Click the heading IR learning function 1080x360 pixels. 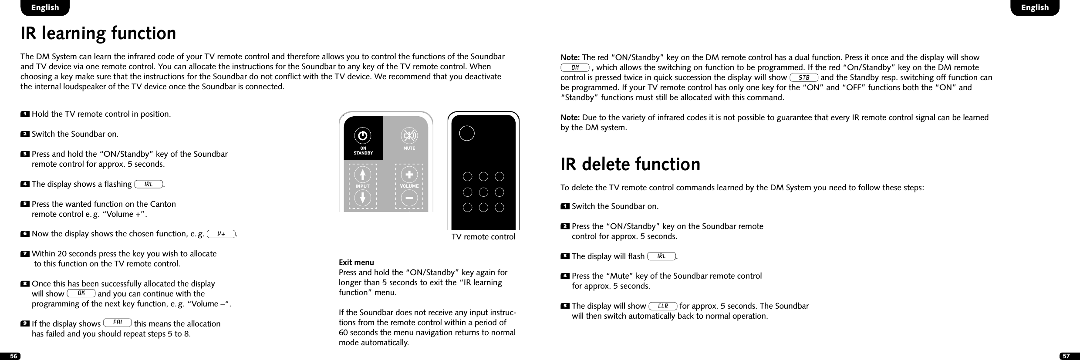98,34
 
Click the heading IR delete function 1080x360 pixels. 630,164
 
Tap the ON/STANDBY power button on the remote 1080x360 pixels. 362,136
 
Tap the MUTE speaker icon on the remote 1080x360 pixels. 409,136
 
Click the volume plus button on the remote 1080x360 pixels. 409,175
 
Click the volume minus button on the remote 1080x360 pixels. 409,198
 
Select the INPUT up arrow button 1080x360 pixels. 362,175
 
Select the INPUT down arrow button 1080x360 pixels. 362,198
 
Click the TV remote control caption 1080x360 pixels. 483,237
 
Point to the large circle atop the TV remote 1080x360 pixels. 466,133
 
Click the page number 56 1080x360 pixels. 13,356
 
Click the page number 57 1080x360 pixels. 1066,356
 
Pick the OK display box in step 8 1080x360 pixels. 81,293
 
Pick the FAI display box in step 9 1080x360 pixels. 118,323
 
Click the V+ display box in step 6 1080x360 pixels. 221,234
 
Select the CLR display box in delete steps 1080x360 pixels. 663,306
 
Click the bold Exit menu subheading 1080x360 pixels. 356,262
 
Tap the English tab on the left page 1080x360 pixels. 45,7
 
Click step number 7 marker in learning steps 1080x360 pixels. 25,253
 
